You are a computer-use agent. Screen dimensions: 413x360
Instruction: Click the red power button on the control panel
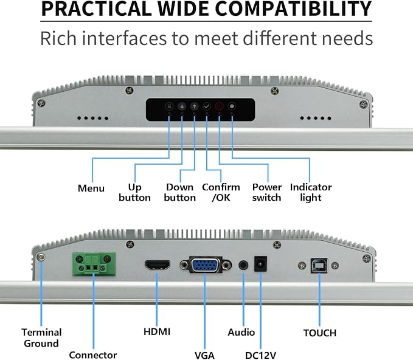tap(220, 106)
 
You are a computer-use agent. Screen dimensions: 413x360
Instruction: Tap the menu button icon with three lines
tap(169, 106)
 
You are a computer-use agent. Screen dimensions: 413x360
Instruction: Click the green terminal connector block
tap(94, 264)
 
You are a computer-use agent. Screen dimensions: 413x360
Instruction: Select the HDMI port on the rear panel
tap(158, 265)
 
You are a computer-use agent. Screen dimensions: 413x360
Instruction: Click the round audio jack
tap(243, 265)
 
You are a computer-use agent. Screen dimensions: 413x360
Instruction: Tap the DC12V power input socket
tap(260, 264)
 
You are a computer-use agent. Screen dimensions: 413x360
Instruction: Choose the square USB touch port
tap(319, 266)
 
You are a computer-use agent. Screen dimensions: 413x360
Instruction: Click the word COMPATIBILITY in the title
tap(293, 9)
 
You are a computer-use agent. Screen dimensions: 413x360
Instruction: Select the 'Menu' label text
tap(91, 189)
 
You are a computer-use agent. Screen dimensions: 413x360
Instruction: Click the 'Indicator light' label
tap(311, 193)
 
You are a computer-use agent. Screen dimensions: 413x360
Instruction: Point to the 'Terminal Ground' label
tap(41, 338)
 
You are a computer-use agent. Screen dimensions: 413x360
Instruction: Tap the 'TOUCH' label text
tap(320, 333)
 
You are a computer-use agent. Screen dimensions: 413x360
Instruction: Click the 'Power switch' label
tap(267, 192)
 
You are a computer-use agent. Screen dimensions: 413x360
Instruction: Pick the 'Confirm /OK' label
tap(221, 192)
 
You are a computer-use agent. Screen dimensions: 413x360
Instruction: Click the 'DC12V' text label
tap(260, 355)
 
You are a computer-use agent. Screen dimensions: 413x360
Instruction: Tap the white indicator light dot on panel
tap(232, 106)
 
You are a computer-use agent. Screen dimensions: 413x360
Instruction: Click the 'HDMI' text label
tap(157, 331)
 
